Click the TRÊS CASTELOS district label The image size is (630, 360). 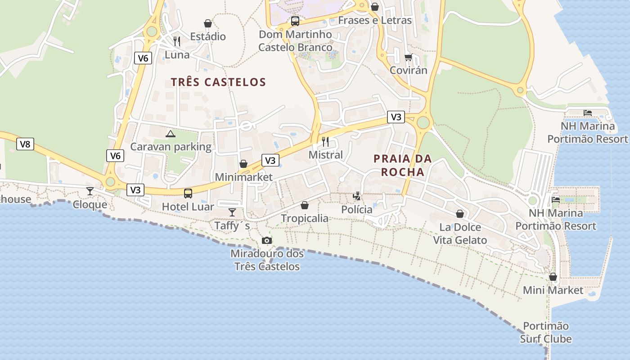(218, 82)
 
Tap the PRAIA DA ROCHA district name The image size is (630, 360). (402, 165)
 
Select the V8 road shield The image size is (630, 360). (25, 144)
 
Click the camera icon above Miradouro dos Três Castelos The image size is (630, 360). (267, 240)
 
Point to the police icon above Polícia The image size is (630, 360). (356, 196)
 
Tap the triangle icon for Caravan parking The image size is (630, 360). (170, 134)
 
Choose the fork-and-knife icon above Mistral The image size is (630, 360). (325, 142)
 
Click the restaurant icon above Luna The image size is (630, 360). (177, 41)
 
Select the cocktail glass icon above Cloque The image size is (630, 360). (90, 191)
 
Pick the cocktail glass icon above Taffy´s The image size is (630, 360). (232, 212)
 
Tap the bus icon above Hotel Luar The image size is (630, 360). (188, 193)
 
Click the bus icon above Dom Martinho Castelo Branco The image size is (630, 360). (295, 21)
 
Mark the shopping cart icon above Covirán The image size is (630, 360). (408, 57)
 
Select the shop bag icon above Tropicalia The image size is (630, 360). (305, 205)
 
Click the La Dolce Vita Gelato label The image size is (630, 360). (460, 234)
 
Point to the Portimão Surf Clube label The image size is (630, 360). (546, 332)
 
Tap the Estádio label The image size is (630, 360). (208, 36)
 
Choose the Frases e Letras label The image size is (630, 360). (374, 20)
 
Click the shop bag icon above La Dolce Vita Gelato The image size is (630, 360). (460, 214)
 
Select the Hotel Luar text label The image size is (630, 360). (188, 207)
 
